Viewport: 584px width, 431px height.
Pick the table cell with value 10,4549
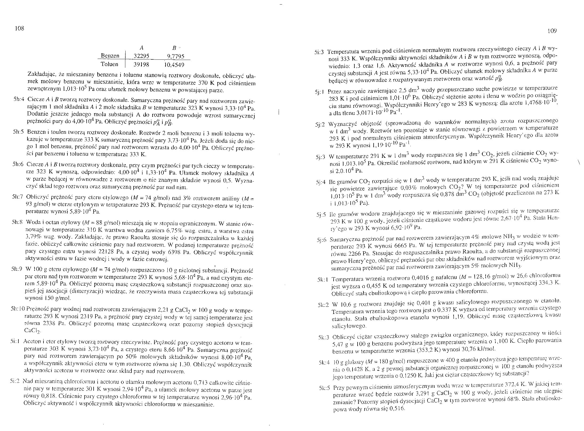(x=174, y=65)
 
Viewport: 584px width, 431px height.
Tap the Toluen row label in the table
(x=109, y=65)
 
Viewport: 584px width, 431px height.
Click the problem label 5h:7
(x=18, y=197)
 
